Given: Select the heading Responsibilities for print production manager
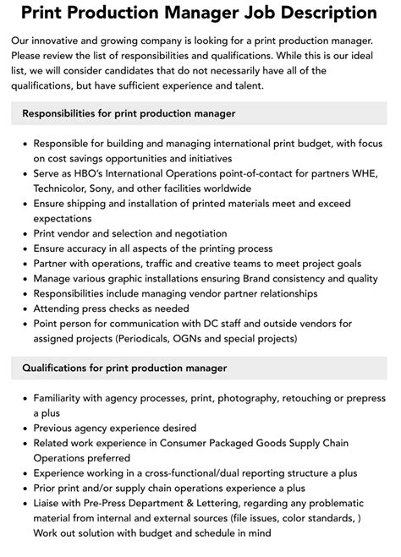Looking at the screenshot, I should tap(129, 112).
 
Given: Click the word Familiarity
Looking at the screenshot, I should tap(62, 397).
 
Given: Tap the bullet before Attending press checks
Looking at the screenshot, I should tap(23, 309).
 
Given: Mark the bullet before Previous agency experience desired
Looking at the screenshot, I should tap(23, 428).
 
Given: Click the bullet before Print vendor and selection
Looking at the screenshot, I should tap(23, 233).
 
